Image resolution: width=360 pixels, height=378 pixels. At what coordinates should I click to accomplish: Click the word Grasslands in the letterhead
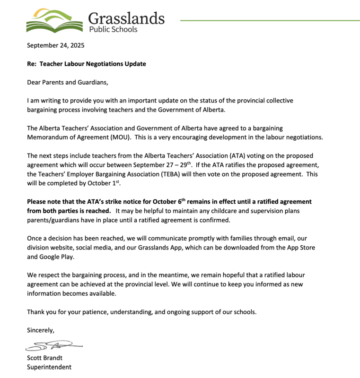click(x=126, y=18)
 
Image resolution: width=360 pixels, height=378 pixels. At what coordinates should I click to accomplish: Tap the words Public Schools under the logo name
click(x=113, y=29)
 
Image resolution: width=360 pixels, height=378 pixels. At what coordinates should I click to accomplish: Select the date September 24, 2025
click(x=55, y=46)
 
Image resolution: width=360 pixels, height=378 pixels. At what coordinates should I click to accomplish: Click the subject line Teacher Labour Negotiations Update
click(x=93, y=64)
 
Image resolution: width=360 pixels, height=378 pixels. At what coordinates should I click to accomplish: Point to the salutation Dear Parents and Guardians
click(x=68, y=82)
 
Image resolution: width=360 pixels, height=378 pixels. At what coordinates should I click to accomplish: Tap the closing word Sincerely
click(x=41, y=331)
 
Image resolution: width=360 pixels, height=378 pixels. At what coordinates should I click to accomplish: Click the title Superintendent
click(x=49, y=367)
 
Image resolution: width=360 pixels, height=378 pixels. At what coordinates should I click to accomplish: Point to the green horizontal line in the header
click(x=270, y=20)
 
